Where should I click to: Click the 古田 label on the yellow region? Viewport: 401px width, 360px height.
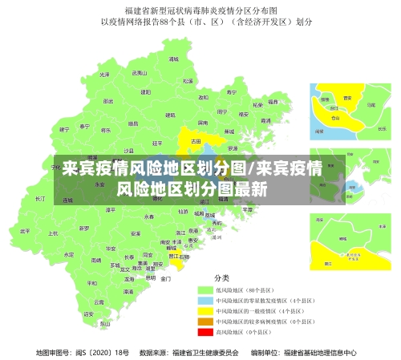[195, 140]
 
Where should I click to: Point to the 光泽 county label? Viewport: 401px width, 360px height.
[103, 75]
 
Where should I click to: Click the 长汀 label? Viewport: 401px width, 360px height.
[40, 197]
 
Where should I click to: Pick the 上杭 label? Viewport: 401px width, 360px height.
[53, 233]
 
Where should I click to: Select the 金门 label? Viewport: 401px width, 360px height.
[165, 279]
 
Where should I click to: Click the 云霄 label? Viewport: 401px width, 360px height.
[99, 301]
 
